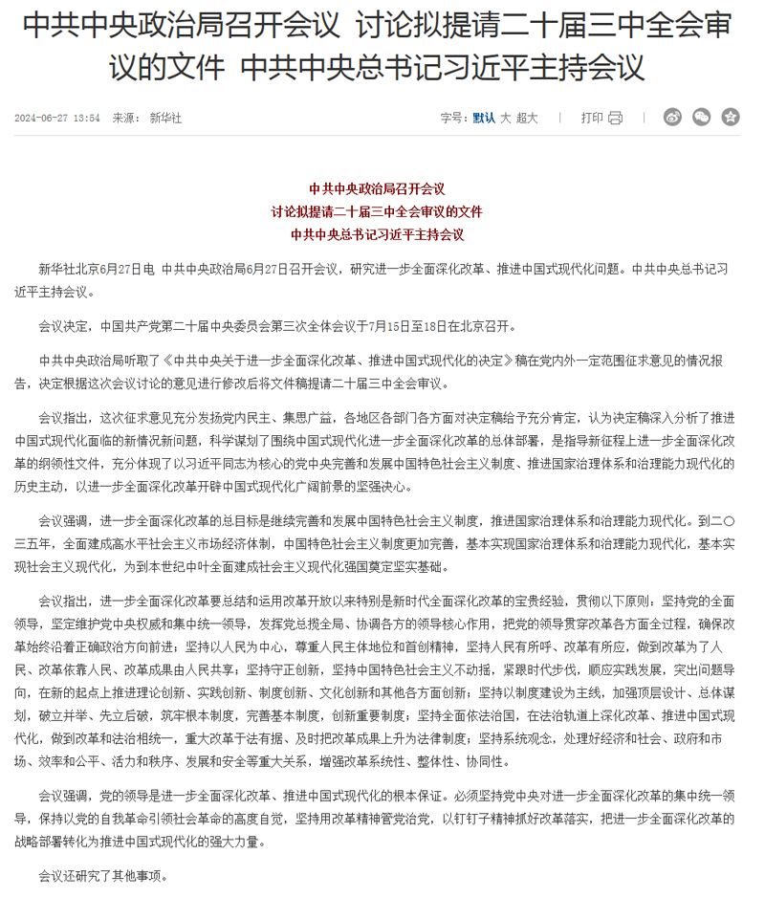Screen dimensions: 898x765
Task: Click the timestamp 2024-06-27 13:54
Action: tap(57, 119)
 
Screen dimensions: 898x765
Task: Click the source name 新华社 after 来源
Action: tap(165, 119)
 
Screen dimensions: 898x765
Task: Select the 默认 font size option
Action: tap(484, 119)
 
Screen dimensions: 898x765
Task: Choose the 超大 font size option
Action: tap(527, 119)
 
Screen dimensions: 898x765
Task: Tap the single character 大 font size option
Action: tap(506, 119)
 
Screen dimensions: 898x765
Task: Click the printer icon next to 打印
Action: tap(615, 119)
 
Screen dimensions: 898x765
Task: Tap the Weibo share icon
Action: tap(673, 118)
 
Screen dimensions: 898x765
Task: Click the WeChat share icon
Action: tap(702, 118)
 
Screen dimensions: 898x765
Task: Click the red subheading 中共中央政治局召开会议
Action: tap(378, 189)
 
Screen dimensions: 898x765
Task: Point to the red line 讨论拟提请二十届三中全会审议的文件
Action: tap(378, 211)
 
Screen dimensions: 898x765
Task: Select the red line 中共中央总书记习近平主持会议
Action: tap(378, 233)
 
